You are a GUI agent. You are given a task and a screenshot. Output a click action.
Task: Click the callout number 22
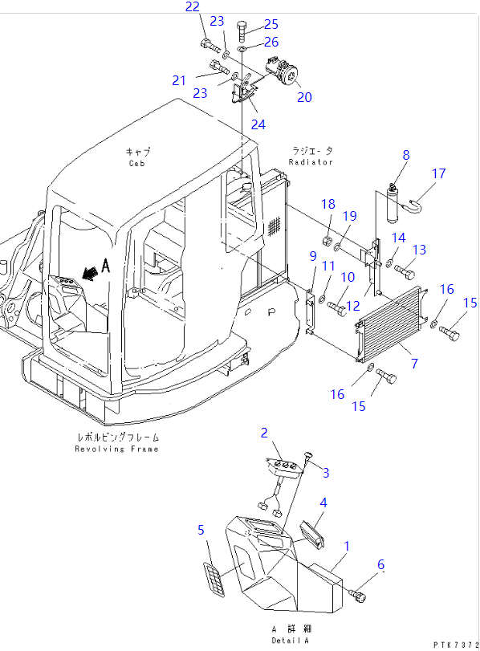point(193,6)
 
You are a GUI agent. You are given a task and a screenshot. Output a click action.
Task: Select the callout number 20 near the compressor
point(304,97)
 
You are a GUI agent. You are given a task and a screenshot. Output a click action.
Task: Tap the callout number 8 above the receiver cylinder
point(406,155)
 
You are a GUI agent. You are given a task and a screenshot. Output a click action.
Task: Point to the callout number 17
point(438,173)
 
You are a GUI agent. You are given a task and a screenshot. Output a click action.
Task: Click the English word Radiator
point(311,162)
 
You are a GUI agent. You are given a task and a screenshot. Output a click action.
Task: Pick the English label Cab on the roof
point(137,164)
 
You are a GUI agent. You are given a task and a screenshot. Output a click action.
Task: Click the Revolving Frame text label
point(116,449)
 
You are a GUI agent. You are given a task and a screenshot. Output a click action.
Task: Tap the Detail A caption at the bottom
point(291,641)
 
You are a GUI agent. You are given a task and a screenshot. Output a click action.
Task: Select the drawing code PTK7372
point(457,645)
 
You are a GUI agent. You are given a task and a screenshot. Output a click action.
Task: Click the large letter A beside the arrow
point(106,266)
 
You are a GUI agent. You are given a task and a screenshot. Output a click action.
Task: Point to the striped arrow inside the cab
point(89,272)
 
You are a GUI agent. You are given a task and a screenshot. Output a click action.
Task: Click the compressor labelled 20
point(282,71)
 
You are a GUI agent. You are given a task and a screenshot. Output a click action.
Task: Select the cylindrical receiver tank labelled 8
point(393,203)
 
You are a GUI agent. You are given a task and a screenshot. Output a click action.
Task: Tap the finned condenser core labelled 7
point(391,323)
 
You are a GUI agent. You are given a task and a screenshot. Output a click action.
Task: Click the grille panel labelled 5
point(214,580)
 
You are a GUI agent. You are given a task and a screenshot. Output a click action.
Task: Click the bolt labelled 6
point(358,596)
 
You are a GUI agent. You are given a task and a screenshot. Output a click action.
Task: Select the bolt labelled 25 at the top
point(242,30)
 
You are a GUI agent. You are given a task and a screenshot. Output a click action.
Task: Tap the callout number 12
point(352,306)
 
